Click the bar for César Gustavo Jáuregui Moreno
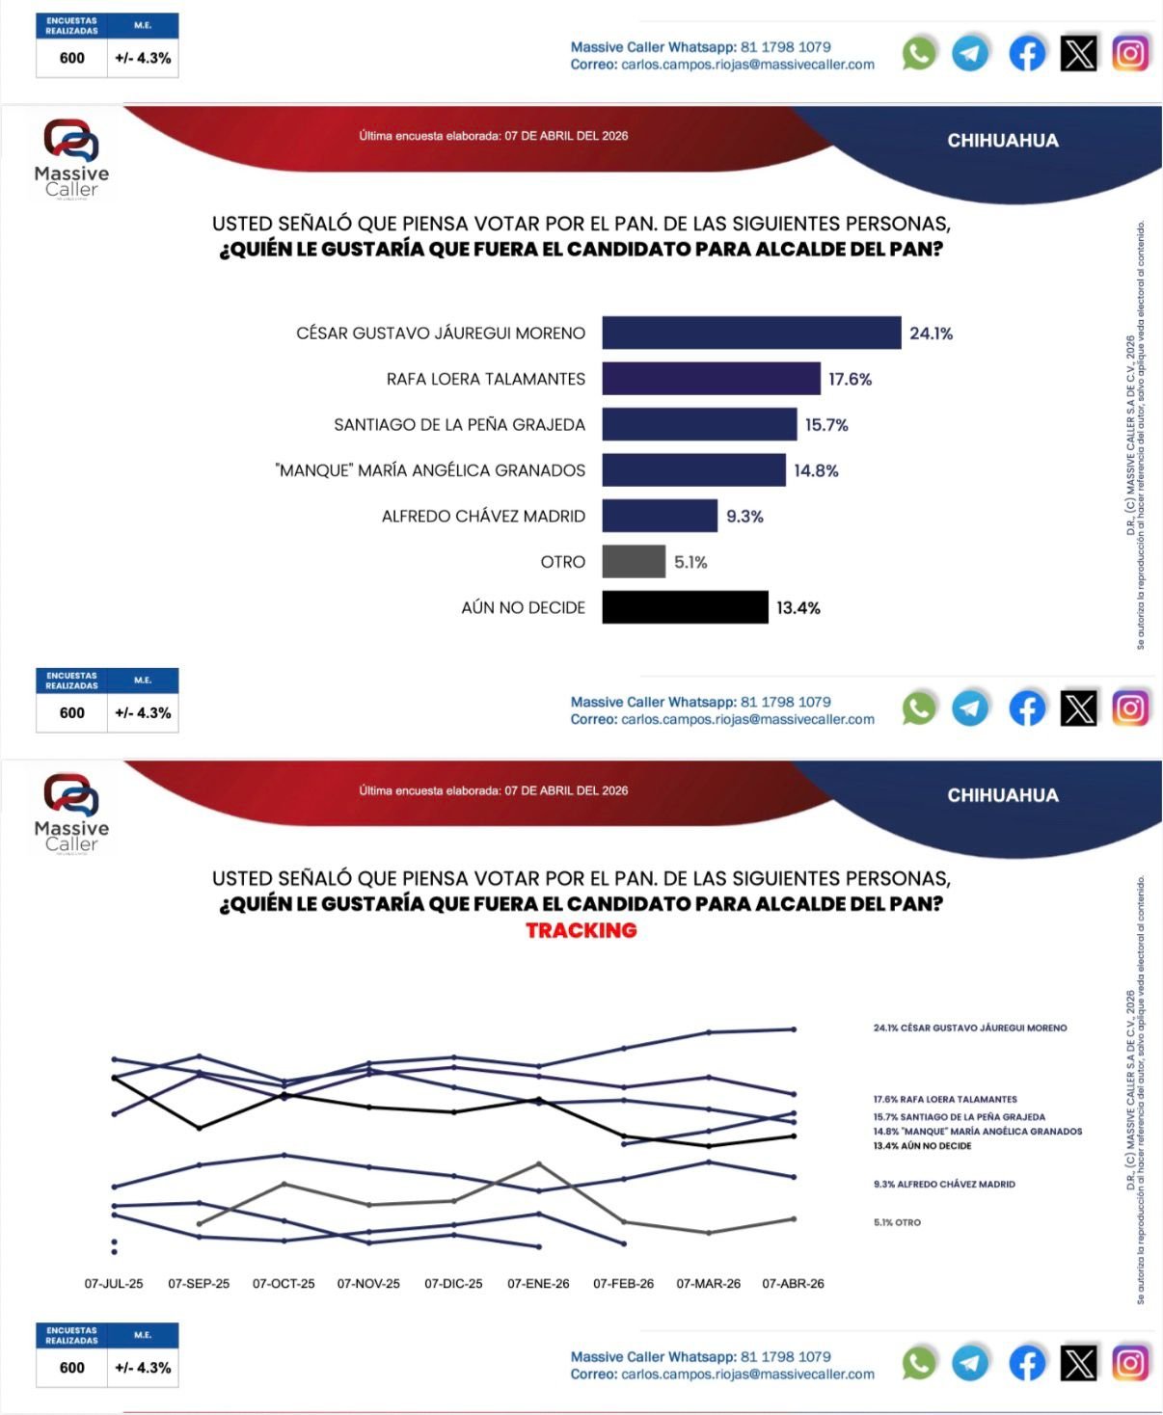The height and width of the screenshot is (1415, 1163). coord(751,333)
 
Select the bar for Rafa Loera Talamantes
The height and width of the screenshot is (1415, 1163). coord(711,379)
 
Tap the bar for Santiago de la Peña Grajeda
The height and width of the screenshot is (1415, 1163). coord(699,424)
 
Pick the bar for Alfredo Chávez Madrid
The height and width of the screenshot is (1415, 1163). coord(660,516)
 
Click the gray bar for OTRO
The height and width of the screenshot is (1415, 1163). coord(634,562)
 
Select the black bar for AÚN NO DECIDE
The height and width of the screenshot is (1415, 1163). coord(685,607)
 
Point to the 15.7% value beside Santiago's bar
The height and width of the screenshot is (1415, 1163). coord(826,425)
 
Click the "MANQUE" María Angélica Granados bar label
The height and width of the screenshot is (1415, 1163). coord(430,470)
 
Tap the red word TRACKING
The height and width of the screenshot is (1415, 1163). coord(581,930)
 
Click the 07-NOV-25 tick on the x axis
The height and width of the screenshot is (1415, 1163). coord(368,1284)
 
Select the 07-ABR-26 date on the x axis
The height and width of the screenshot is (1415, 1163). coord(793,1284)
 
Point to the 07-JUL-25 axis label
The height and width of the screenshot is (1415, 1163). coord(114,1284)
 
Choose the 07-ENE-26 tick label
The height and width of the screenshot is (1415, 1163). coord(538,1284)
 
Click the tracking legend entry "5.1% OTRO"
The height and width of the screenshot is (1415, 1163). coord(897,1222)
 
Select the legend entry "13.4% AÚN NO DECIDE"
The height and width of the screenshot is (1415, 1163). coord(922,1146)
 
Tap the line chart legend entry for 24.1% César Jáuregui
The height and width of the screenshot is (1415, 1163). coord(969,1028)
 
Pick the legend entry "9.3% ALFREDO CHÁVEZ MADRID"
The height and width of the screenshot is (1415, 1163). coord(944,1185)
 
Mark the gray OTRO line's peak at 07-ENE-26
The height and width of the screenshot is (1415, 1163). coord(538,1163)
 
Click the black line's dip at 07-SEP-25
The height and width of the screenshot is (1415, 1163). coord(199,1128)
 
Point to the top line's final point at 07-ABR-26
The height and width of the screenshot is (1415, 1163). coord(794,1029)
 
